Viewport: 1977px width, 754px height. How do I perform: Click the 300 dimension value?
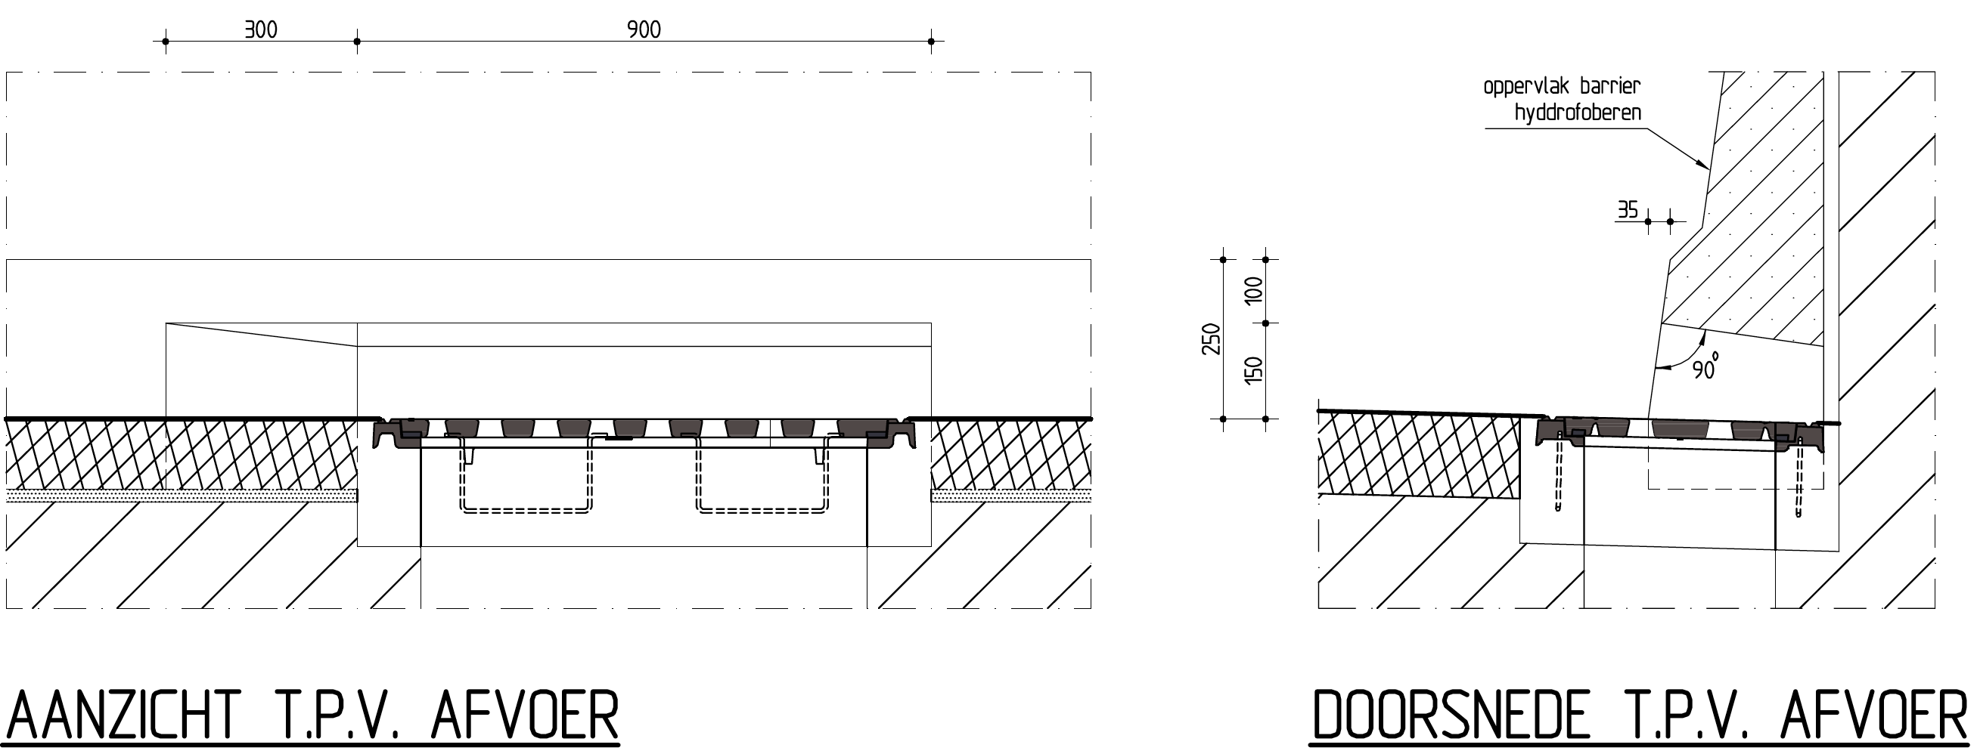[x=261, y=30]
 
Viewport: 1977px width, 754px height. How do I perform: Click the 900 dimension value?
[x=644, y=30]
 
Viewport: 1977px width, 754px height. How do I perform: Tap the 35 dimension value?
[x=1628, y=209]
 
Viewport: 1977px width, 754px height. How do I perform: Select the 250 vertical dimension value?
[x=1210, y=339]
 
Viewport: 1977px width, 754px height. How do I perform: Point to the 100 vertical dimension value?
[x=1253, y=291]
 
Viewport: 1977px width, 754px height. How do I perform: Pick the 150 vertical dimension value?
[x=1253, y=370]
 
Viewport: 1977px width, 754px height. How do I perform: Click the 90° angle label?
[x=1706, y=367]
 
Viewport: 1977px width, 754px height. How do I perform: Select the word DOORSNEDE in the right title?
[x=1450, y=716]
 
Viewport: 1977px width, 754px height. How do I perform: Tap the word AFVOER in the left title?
[x=525, y=715]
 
